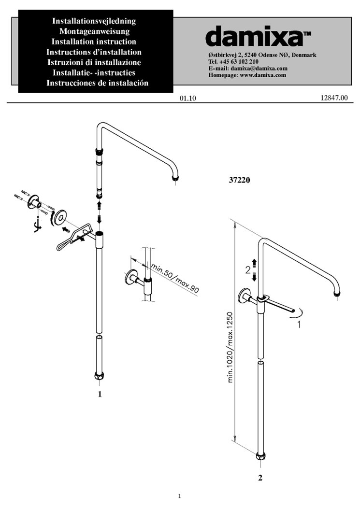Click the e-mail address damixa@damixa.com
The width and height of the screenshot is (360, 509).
point(260,69)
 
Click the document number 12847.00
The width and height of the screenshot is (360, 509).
point(333,98)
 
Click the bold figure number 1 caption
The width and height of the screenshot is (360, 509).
point(100,394)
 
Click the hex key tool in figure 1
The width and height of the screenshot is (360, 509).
point(35,225)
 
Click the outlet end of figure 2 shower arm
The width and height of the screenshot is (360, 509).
point(337,292)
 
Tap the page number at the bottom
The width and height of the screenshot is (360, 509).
point(179,495)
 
